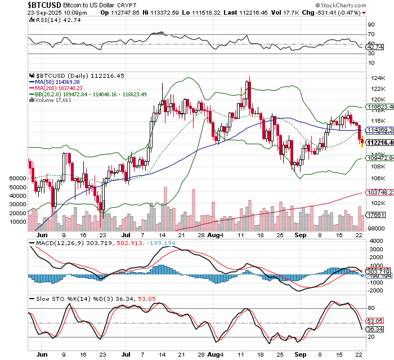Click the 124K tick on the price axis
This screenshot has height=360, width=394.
[x=375, y=77]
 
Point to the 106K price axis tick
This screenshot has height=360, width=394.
[x=375, y=178]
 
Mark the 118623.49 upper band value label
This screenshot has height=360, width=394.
[x=379, y=106]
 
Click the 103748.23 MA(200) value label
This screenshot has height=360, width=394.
[x=379, y=192]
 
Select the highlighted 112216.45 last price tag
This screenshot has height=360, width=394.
[x=379, y=143]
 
